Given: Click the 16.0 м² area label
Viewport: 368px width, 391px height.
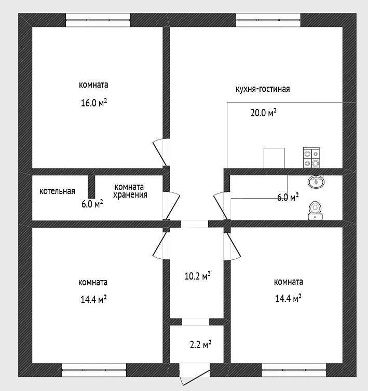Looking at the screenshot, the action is (x=94, y=103).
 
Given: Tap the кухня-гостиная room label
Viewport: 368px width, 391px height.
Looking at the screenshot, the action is (x=263, y=89).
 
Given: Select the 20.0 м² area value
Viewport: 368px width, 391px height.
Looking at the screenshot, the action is (x=264, y=113).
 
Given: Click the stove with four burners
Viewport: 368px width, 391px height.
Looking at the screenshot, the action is (x=311, y=158).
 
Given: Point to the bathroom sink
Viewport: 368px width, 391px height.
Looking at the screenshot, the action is (x=316, y=181).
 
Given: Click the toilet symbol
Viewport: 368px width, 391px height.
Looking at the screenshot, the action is (x=315, y=211).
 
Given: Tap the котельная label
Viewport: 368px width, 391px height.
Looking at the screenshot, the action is (x=57, y=191).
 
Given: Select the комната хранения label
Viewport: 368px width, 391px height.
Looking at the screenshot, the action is (x=130, y=191).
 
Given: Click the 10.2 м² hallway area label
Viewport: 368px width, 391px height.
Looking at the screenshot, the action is (x=197, y=276).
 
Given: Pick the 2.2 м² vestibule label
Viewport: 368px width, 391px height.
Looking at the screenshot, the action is (x=200, y=345).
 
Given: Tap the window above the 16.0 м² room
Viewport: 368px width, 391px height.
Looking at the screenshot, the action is (x=98, y=20).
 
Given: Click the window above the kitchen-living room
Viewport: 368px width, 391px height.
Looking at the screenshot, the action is (x=268, y=20).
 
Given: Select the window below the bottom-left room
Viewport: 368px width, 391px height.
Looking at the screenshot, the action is (x=94, y=370).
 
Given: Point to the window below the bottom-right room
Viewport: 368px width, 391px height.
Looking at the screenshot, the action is (x=294, y=370).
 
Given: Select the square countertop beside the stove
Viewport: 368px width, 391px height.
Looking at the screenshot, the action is (x=274, y=158).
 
